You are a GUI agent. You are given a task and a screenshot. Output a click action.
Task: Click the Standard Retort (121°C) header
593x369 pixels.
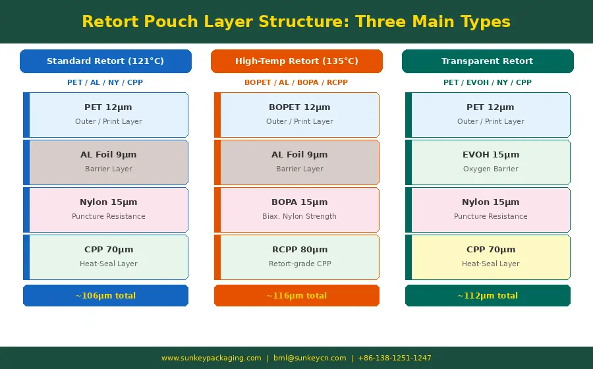click(105, 61)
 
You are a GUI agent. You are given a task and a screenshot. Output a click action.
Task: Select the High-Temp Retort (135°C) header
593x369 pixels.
click(296, 61)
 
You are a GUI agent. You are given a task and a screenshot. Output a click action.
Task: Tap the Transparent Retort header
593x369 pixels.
click(488, 61)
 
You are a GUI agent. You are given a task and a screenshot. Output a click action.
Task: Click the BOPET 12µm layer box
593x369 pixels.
click(296, 115)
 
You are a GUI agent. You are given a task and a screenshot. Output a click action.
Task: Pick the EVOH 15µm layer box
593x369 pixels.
click(488, 162)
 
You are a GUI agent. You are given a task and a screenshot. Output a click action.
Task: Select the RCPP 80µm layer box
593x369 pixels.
click(296, 257)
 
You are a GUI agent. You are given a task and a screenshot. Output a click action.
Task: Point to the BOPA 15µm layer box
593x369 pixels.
click(296, 210)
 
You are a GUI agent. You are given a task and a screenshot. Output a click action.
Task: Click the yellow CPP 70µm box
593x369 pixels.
click(488, 257)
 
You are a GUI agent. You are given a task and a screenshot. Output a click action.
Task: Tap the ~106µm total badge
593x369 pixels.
click(105, 295)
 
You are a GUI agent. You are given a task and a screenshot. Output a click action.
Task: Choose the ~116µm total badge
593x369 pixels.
click(296, 295)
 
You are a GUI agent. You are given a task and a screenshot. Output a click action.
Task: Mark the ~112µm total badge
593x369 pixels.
click(488, 295)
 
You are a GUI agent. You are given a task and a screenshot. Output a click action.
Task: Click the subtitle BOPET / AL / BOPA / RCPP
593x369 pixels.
click(296, 82)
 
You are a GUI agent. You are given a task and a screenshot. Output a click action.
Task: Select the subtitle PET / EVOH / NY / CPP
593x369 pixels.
click(488, 82)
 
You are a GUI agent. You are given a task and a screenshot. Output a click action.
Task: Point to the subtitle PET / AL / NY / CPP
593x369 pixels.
click(105, 82)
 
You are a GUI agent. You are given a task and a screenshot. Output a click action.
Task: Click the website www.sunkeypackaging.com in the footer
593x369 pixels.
click(212, 358)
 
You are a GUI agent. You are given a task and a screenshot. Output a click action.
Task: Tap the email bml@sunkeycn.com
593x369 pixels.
click(310, 358)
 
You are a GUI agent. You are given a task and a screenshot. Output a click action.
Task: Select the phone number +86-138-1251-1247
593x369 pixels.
click(395, 358)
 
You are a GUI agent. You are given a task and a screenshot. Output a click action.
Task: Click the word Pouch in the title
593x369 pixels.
click(171, 22)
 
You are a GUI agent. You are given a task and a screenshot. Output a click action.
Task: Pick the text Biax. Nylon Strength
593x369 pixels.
click(299, 216)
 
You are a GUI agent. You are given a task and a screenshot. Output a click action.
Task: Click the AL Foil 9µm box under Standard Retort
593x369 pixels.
click(105, 162)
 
